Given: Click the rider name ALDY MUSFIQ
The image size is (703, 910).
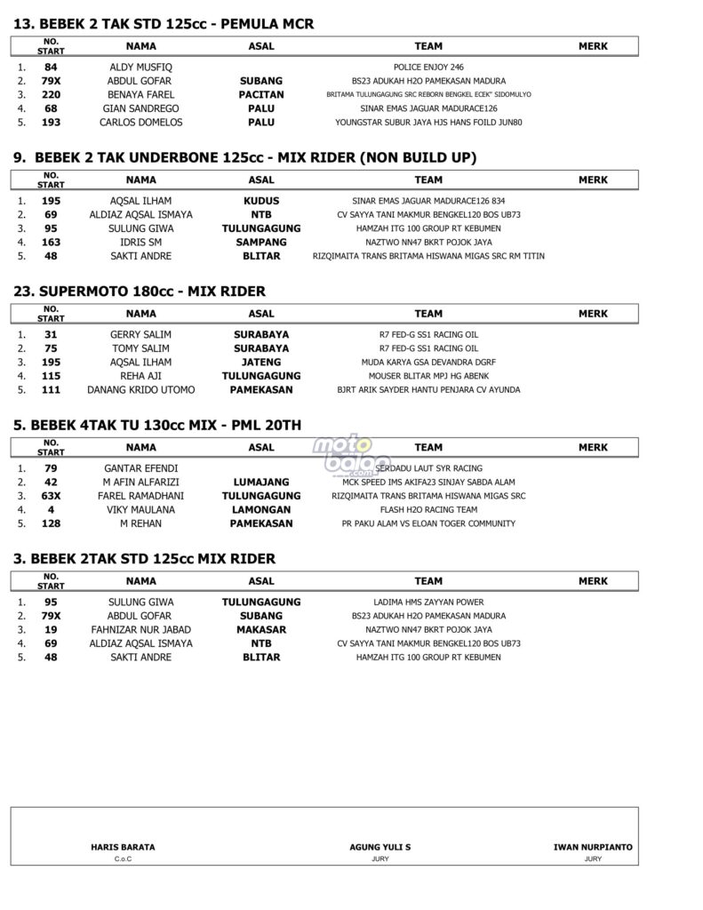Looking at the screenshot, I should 140,67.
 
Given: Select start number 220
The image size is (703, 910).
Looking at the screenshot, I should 51,94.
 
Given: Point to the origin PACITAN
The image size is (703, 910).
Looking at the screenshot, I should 261,94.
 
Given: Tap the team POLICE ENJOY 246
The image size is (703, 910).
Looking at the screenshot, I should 427,67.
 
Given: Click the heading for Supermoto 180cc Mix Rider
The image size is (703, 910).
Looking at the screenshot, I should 140,291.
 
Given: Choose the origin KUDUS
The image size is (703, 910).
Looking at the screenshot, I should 261,201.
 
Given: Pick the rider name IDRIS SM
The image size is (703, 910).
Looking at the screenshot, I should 140,242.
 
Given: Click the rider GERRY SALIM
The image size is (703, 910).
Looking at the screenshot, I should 140,334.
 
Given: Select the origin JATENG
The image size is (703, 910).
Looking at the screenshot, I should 261,362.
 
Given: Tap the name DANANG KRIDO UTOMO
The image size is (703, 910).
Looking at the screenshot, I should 140,389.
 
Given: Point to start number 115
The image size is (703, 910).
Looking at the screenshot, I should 51,376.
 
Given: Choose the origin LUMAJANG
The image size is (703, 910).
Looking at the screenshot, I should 261,482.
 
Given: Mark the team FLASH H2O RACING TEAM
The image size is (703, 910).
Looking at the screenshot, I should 427,509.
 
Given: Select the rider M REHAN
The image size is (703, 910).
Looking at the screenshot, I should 140,523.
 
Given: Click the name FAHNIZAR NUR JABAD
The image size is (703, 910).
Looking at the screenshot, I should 140,629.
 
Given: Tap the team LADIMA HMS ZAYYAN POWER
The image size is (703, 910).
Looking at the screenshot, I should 427,602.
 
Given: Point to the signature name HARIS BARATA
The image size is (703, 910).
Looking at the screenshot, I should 123,847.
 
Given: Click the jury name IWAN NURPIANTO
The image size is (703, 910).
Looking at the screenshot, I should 593,847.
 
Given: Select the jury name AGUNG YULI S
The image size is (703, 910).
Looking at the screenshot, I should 380,847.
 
